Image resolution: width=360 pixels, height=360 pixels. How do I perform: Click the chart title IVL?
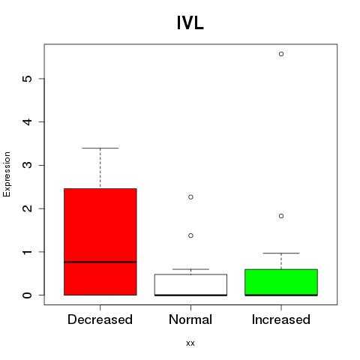pyautogui.click(x=190, y=23)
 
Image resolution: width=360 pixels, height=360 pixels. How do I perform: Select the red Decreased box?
pyautogui.click(x=100, y=241)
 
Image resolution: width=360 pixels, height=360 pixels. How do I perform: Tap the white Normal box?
pyautogui.click(x=190, y=285)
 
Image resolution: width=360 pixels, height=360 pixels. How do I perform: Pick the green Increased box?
pyautogui.click(x=281, y=282)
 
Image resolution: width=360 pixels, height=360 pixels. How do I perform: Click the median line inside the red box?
pyautogui.click(x=100, y=262)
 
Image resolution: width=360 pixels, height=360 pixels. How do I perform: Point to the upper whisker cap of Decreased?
pyautogui.click(x=100, y=148)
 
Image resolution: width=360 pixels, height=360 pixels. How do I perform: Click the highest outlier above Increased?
pyautogui.click(x=281, y=54)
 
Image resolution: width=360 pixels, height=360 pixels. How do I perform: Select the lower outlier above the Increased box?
pyautogui.click(x=281, y=216)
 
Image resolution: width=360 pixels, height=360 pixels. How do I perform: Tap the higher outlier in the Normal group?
pyautogui.click(x=190, y=197)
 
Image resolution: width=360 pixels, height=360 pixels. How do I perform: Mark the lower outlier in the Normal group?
pyautogui.click(x=190, y=235)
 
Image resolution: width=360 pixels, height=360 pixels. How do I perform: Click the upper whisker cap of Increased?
pyautogui.click(x=281, y=253)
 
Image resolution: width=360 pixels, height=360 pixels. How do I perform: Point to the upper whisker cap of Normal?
pyautogui.click(x=190, y=269)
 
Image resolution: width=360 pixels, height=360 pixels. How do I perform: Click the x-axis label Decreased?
pyautogui.click(x=100, y=319)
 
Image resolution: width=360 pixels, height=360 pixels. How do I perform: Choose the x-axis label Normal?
pyautogui.click(x=190, y=319)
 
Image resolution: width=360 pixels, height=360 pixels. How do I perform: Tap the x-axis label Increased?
pyautogui.click(x=281, y=319)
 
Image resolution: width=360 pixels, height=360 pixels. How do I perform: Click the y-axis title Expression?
pyautogui.click(x=7, y=174)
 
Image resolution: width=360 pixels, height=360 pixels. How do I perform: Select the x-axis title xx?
pyautogui.click(x=190, y=343)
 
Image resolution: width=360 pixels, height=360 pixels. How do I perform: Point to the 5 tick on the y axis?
pyautogui.click(x=41, y=79)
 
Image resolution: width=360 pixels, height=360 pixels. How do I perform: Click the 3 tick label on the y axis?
pyautogui.click(x=28, y=165)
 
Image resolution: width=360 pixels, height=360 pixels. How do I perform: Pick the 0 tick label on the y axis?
pyautogui.click(x=28, y=295)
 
